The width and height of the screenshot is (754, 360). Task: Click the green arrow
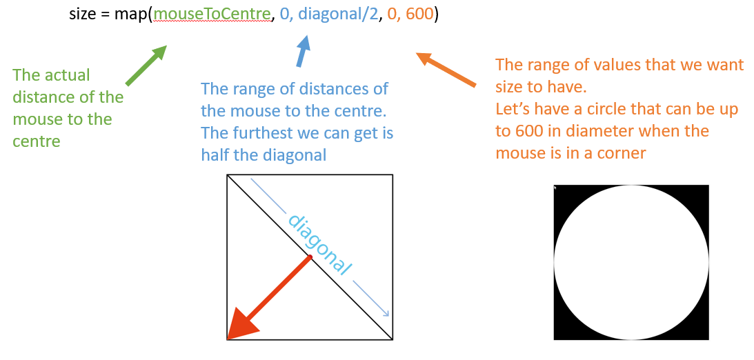pyautogui.click(x=146, y=66)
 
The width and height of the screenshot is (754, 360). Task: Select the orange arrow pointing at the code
pyautogui.click(x=446, y=69)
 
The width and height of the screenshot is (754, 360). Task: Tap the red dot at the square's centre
pyautogui.click(x=310, y=258)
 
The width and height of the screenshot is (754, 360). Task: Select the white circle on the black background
pyautogui.click(x=631, y=263)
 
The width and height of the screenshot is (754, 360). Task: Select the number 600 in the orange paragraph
pyautogui.click(x=511, y=132)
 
